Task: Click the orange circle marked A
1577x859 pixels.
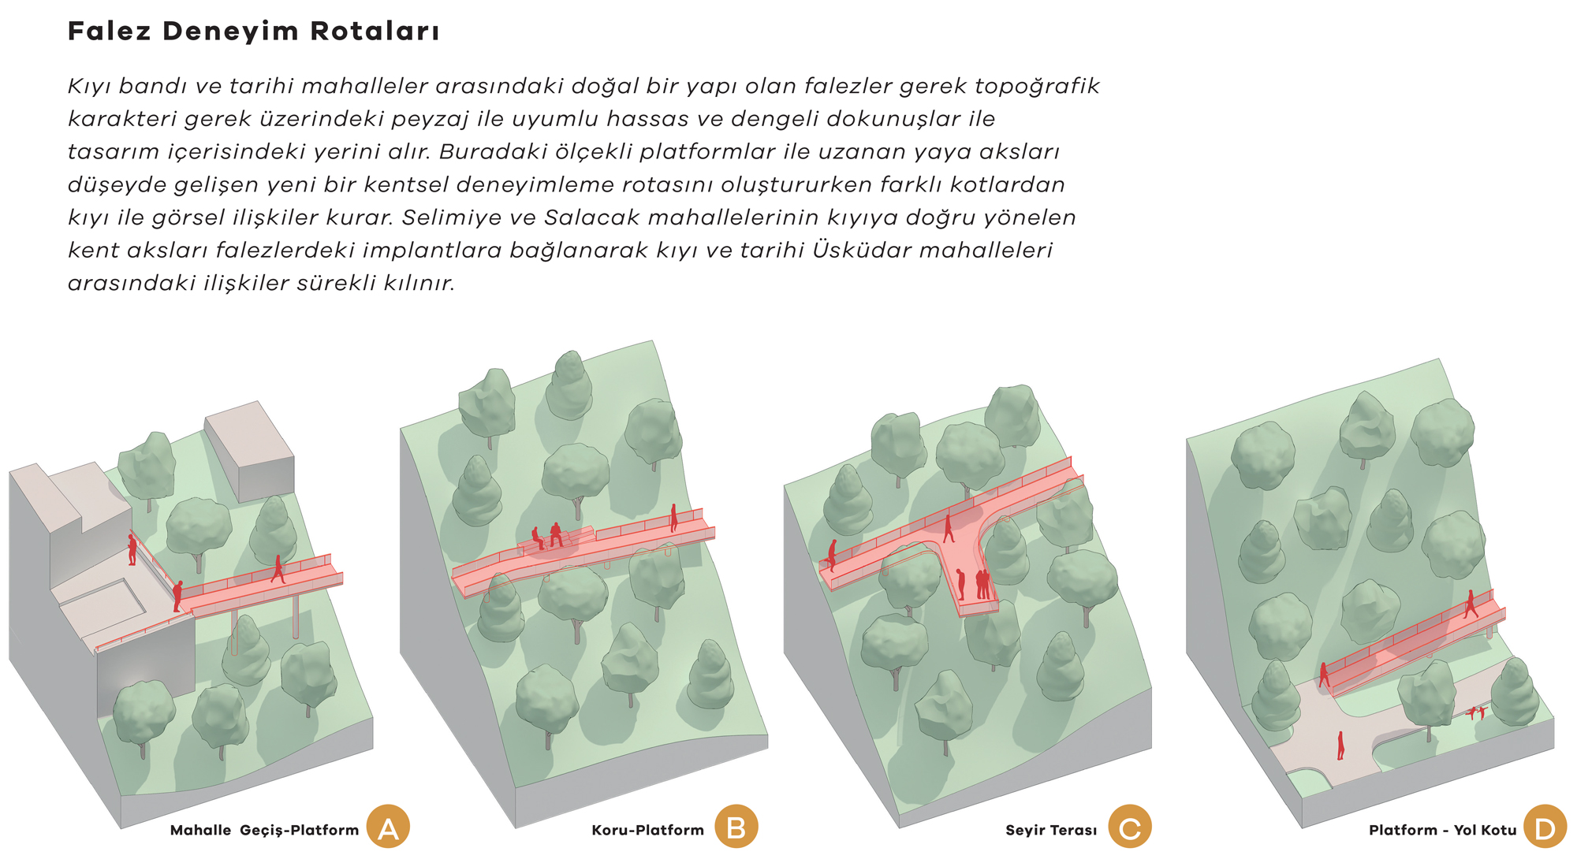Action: [388, 827]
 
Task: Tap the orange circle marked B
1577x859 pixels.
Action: [736, 827]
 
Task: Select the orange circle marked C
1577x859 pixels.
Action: [1130, 827]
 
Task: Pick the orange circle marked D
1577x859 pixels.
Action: [1545, 827]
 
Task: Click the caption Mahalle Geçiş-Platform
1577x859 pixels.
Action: [264, 830]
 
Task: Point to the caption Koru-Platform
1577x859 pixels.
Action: [647, 830]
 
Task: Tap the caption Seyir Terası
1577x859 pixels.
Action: [1051, 830]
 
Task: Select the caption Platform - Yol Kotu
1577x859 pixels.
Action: [1443, 830]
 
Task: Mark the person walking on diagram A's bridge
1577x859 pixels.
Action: [278, 569]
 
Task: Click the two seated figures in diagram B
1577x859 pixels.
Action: [547, 536]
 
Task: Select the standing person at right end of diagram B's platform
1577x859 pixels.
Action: [673, 518]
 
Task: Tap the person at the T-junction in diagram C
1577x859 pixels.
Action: [949, 528]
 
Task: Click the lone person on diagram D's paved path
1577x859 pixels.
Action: [1340, 746]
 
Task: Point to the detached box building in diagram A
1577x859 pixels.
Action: [249, 452]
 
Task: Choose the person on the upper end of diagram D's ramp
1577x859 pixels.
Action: [1471, 604]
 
